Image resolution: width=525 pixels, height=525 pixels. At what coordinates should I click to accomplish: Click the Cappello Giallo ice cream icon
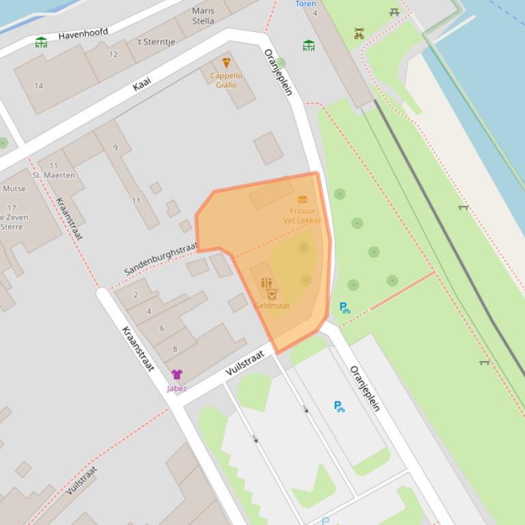226,63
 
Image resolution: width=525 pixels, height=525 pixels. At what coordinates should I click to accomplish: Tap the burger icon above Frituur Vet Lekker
302,199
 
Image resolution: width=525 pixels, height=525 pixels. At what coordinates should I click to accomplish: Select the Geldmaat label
272,305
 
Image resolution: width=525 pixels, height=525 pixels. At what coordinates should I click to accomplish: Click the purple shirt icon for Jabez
177,374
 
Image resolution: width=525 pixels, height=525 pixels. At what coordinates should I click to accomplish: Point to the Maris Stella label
203,16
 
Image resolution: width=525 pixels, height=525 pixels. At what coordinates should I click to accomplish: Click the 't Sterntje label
156,42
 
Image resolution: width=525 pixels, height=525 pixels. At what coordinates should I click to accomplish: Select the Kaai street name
141,85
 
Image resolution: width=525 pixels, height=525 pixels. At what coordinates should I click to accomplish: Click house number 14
38,86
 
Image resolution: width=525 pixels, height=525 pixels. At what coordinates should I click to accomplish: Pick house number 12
113,55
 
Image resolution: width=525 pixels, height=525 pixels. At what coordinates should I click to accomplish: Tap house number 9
115,147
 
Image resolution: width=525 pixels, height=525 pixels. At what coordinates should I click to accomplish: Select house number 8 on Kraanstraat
175,349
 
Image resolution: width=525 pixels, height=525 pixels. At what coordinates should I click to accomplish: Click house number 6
162,328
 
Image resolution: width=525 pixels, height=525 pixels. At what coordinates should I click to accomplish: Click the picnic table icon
395,12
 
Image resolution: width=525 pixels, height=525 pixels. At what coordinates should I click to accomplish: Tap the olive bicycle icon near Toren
359,33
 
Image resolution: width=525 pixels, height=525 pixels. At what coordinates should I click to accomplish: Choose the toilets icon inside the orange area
266,282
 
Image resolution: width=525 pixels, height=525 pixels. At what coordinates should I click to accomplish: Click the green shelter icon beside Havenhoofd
42,42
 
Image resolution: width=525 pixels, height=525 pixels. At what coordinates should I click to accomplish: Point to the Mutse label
14,189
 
